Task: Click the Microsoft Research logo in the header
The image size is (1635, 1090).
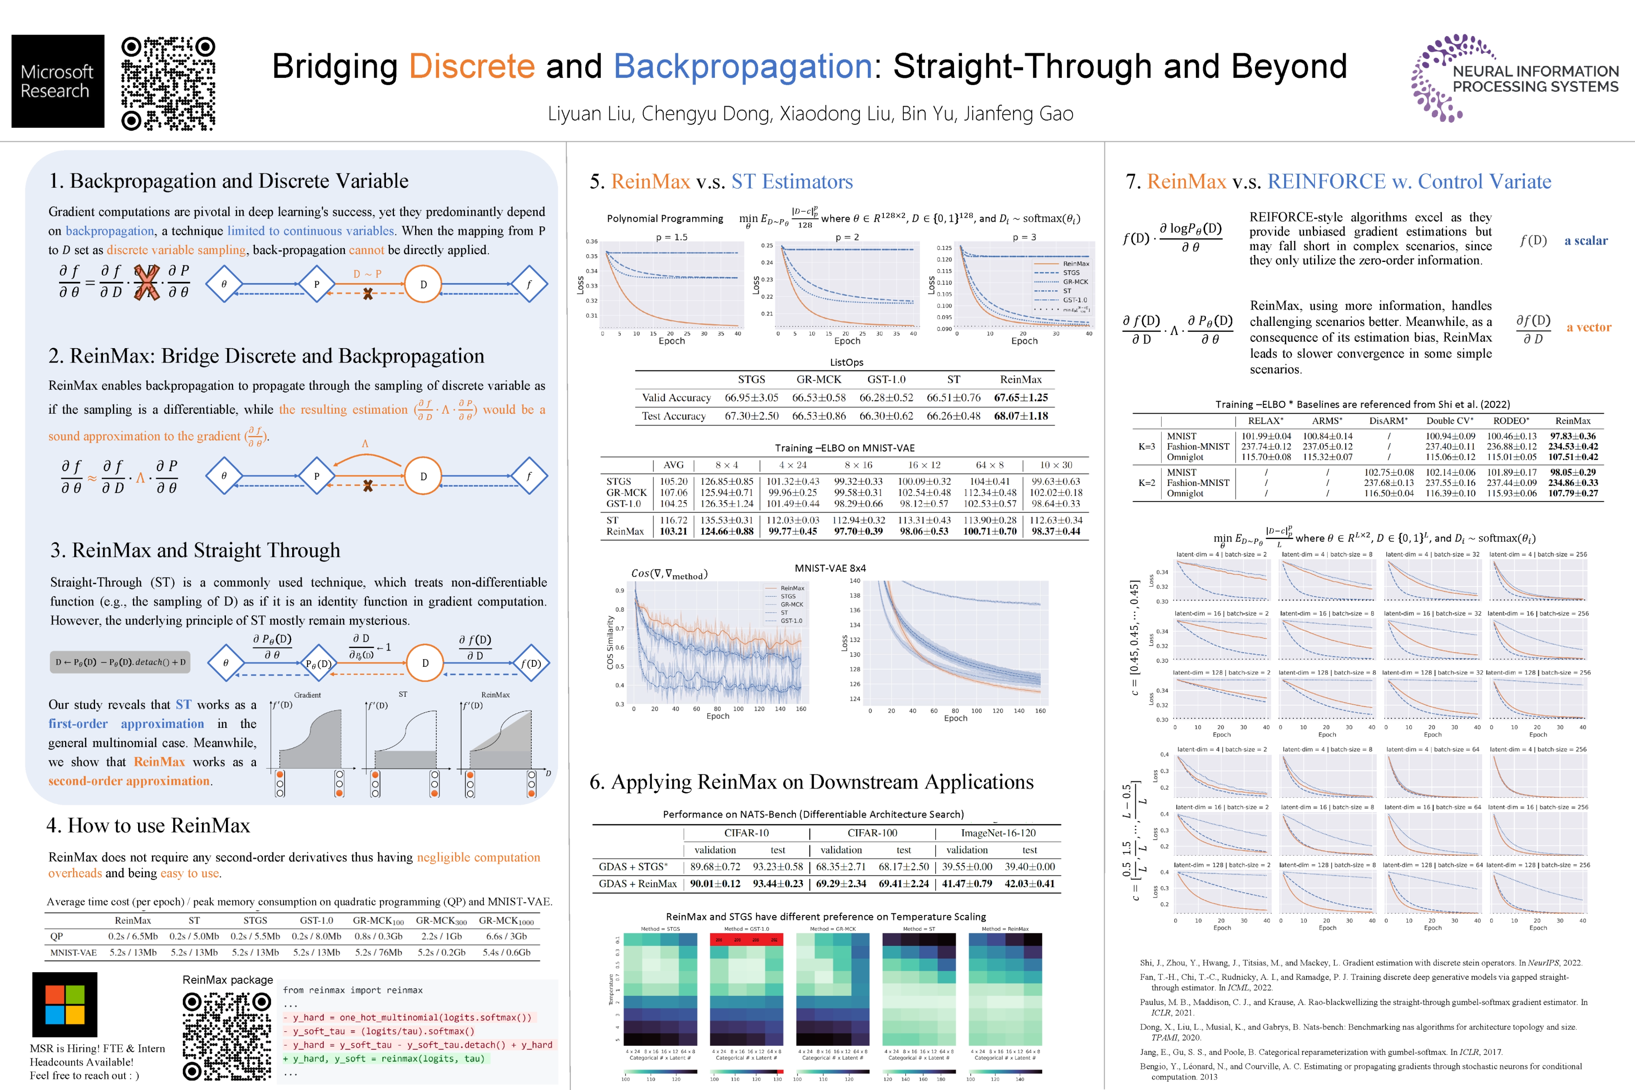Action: [x=58, y=81]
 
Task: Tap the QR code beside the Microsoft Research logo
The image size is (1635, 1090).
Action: [x=168, y=83]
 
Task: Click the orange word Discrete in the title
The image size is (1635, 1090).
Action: [x=471, y=67]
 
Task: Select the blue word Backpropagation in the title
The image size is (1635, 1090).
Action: [x=743, y=67]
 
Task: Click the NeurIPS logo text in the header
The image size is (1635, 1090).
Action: [x=1535, y=79]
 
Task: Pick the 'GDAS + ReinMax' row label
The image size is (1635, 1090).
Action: [x=637, y=883]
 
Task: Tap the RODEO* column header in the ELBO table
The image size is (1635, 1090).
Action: [x=1510, y=420]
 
